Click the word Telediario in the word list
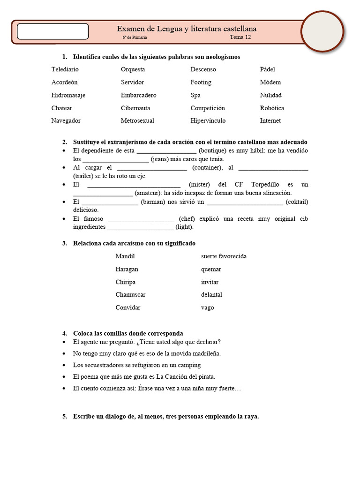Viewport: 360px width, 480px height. (65, 69)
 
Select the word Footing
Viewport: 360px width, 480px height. (201, 82)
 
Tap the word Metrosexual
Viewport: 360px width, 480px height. (137, 121)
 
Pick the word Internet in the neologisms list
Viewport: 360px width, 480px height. (270, 121)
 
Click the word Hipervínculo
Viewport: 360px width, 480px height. (208, 121)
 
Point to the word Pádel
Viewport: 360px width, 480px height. (268, 69)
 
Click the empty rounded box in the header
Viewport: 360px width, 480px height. (53, 31)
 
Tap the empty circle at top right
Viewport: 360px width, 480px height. (322, 31)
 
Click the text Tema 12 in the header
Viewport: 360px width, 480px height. (240, 37)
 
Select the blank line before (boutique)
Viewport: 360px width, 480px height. (166, 151)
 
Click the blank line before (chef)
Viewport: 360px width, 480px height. (141, 219)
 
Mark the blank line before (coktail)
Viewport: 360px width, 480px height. (245, 202)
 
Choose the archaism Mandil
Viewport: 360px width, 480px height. (125, 256)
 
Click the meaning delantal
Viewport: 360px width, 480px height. (211, 295)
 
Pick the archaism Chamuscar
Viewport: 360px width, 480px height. (130, 295)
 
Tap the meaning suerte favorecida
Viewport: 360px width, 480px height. (224, 256)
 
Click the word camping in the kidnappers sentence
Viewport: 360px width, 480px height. (189, 365)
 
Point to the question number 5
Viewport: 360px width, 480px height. (65, 416)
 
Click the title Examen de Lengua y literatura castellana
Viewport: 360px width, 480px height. (187, 29)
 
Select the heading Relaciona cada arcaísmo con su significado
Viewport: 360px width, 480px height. (134, 244)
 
